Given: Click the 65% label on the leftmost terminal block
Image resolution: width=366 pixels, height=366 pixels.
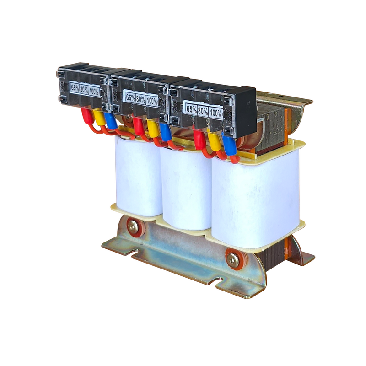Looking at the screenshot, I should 75,87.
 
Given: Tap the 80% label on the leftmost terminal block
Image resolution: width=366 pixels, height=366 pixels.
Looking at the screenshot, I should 84,89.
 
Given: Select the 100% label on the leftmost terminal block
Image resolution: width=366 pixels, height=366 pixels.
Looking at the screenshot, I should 94,91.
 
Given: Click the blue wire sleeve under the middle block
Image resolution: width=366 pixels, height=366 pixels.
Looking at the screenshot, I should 165,132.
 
